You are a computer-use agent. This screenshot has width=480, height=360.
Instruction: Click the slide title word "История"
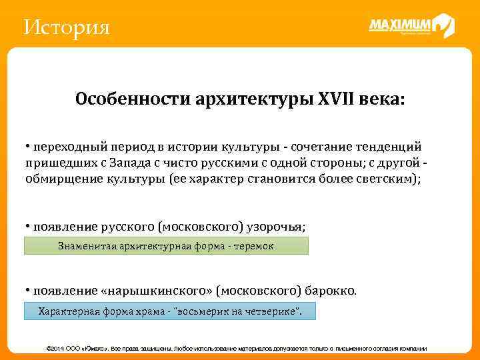click(65, 28)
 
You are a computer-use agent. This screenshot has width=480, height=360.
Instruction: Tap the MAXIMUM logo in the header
click(411, 26)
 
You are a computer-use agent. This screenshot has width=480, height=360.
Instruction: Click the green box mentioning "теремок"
click(167, 246)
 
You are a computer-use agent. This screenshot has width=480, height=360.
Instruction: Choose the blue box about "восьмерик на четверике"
click(169, 311)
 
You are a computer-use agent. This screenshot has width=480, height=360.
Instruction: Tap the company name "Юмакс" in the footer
click(95, 349)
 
